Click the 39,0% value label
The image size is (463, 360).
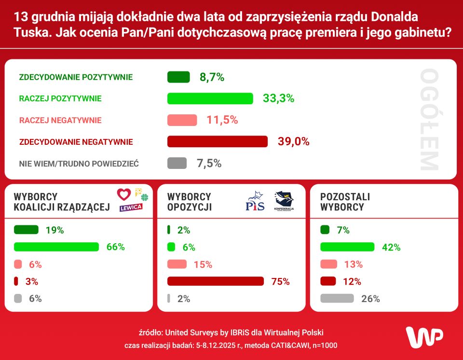pos(293,141)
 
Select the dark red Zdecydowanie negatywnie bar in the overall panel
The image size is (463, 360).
pos(217,141)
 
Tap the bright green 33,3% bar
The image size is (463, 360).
pos(210,98)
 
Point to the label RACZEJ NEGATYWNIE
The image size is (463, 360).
pos(60,120)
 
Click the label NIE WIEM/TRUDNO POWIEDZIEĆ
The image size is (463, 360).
pos(79,164)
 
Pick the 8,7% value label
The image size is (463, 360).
pos(212,77)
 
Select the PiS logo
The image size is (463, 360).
pos(255,201)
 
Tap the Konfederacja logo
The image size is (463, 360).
pos(284,201)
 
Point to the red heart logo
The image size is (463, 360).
pos(124,194)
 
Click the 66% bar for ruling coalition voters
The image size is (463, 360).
pos(56,247)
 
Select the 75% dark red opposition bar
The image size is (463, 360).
pos(216,281)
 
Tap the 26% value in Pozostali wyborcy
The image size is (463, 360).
pos(370,299)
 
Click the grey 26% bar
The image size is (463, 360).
pos(337,299)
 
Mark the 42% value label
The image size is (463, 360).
pos(391,247)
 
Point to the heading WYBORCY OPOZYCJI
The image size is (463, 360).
pos(189,202)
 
